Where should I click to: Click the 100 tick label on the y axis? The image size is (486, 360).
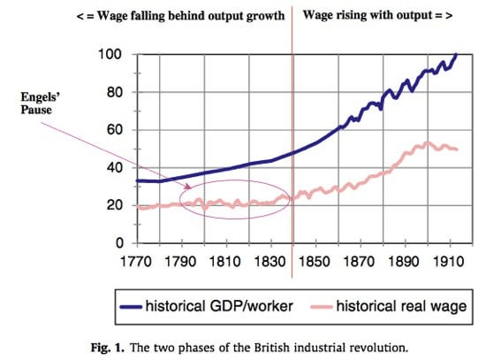(110, 54)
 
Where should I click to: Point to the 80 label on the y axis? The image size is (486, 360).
(114, 92)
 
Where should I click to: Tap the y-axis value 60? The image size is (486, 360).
(114, 130)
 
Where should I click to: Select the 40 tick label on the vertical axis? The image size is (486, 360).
(114, 167)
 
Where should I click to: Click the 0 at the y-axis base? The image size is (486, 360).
(119, 243)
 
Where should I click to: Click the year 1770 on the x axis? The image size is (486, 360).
(135, 262)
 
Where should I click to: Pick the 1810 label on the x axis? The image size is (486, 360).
(224, 262)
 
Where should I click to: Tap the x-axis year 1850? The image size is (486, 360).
(314, 262)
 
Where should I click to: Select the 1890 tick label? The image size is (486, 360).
(403, 262)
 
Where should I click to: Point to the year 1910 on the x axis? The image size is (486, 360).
(448, 262)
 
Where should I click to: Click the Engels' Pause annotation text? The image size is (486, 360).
(40, 103)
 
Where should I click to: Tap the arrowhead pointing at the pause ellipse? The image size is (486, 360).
(188, 187)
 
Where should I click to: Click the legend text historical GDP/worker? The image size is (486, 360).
(219, 306)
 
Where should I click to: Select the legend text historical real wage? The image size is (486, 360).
(401, 306)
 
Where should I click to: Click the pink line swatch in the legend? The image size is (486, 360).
(322, 307)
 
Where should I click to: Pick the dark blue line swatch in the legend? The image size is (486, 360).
(131, 307)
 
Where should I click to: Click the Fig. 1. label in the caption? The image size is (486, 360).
(107, 348)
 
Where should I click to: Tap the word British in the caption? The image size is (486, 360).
(272, 348)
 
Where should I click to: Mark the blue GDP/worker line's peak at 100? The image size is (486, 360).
(456, 54)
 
